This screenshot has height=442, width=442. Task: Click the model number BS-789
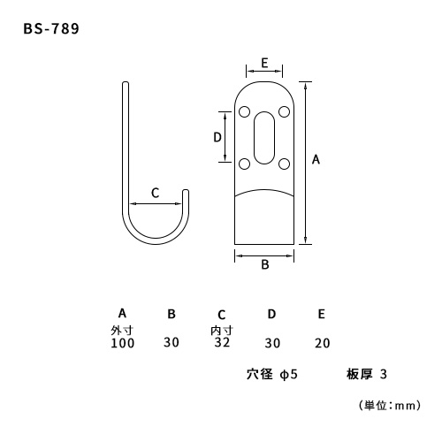coord(51,29)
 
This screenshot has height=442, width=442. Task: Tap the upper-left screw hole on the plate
coord(244,112)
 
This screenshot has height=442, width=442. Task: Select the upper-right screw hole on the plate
coord(284,112)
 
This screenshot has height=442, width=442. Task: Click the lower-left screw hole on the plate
coord(244,164)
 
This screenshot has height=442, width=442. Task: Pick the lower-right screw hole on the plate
coord(284,164)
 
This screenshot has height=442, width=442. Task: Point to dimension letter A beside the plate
coord(316,159)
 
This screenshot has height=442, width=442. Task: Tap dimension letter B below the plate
coord(265,264)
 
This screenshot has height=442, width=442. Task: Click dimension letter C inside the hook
coord(155,193)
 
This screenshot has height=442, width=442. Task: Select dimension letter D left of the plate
coord(217,137)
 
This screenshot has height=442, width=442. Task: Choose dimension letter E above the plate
coord(264,63)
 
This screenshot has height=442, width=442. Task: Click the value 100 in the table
coord(123,343)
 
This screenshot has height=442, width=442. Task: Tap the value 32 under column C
coord(222,342)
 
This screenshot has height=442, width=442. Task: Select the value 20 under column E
coord(322,343)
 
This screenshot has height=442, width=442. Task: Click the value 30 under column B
coord(171,342)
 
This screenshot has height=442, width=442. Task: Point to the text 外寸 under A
coord(122,331)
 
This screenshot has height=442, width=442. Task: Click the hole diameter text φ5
coord(289,375)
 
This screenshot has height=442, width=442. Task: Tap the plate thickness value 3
coord(384,374)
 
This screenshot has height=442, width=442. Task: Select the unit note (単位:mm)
coord(390,406)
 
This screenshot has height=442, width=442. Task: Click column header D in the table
coord(271,314)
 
